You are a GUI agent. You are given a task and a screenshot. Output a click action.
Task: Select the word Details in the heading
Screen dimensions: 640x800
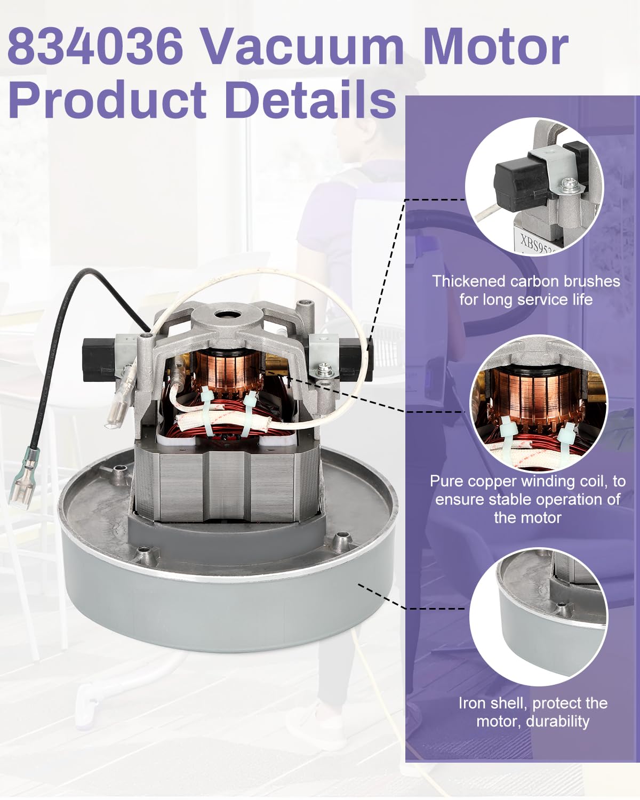point(310,99)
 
